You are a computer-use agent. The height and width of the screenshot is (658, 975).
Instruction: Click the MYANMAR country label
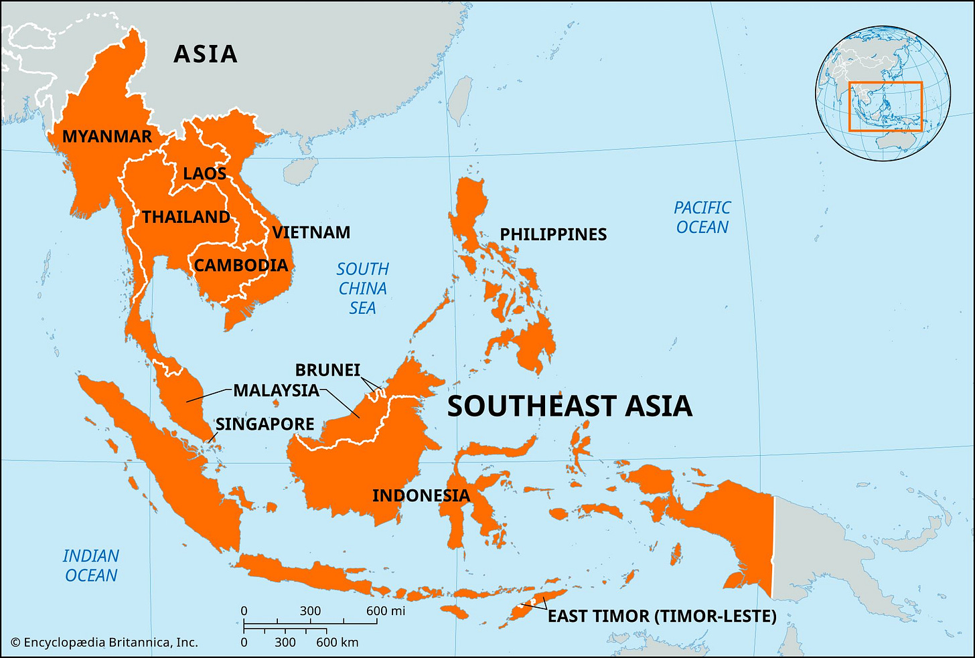pos(107,137)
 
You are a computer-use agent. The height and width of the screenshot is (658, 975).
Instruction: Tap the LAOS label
pos(204,173)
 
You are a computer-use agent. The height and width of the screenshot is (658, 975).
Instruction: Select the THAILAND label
pos(186,217)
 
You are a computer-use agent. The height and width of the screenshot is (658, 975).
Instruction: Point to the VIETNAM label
pos(311,232)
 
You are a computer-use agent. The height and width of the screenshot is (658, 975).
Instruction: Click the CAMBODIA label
pos(241,265)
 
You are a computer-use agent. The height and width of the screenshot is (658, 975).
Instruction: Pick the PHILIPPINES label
pos(553,234)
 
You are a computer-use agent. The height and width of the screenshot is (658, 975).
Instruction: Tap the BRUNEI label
pos(327,370)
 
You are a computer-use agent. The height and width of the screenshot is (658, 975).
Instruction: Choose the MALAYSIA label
pos(276,390)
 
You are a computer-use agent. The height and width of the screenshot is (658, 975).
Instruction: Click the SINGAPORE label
pos(265,424)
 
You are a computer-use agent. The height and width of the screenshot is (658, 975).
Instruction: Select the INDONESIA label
pos(421,495)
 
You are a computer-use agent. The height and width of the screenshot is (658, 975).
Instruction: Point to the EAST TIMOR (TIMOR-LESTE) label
pos(662,616)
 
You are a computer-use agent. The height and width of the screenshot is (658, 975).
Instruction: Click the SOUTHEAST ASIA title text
pos(569,406)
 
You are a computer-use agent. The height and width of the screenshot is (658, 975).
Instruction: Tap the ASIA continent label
pos(205,54)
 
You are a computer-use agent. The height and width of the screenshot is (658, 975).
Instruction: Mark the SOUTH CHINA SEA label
pos(362,289)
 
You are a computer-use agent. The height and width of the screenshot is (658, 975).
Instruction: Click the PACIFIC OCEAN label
pos(702,218)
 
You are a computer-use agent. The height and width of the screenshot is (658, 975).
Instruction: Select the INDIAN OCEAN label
pos(91,566)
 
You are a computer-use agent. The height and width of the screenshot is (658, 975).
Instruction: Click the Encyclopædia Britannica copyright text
pos(104,643)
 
